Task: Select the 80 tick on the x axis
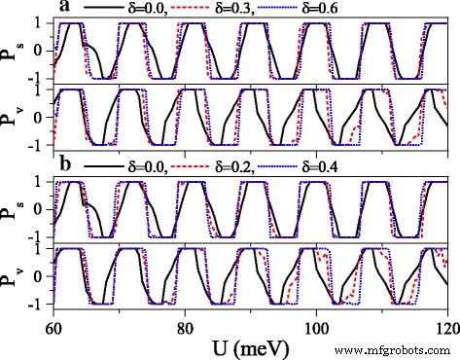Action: (186, 324)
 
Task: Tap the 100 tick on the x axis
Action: (316, 324)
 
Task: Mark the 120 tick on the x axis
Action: (445, 324)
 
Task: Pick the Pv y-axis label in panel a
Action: (12, 118)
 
